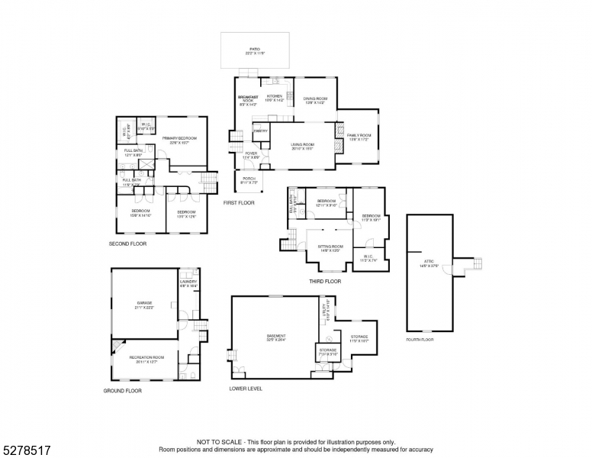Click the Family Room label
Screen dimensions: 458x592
coord(358,137)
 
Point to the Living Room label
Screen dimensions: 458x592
coord(302,146)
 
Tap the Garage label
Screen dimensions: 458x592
coord(145,305)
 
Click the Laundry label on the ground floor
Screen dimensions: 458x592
coord(188,283)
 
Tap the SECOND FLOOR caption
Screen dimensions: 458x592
coord(127,244)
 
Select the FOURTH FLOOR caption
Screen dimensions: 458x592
coord(420,339)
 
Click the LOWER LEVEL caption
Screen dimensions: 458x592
coord(246,389)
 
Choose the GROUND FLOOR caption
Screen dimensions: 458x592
coord(122,391)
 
